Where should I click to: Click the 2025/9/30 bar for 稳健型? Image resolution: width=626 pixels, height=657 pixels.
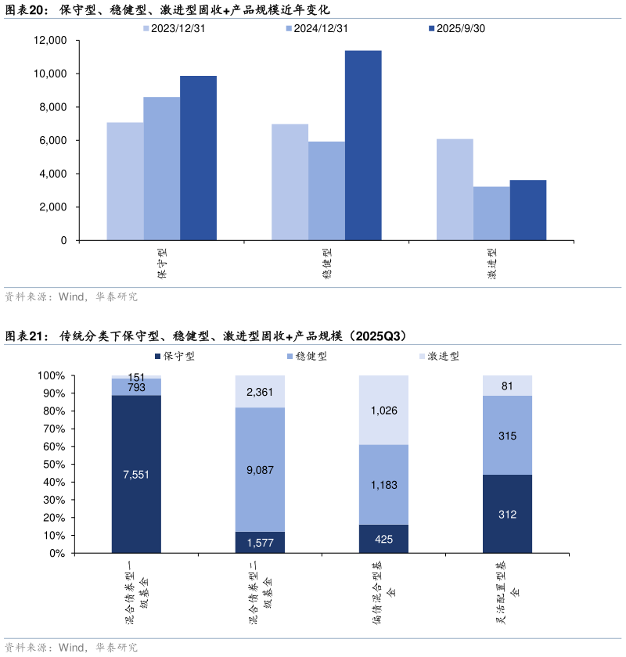pyautogui.click(x=363, y=145)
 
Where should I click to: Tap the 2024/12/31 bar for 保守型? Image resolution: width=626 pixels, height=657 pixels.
pyautogui.click(x=162, y=168)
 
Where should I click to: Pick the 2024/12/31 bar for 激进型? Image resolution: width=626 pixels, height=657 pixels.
pyautogui.click(x=491, y=213)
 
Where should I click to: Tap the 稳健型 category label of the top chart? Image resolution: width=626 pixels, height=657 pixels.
pyautogui.click(x=326, y=264)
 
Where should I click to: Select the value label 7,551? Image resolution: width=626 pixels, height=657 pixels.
pyautogui.click(x=136, y=474)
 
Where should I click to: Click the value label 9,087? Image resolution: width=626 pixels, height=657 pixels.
pyautogui.click(x=260, y=470)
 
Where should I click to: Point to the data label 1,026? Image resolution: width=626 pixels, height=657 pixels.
pyautogui.click(x=383, y=410)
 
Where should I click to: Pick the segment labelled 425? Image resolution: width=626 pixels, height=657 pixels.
pyautogui.click(x=383, y=539)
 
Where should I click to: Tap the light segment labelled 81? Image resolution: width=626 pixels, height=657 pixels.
pyautogui.click(x=507, y=386)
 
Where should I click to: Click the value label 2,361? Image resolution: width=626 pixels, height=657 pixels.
pyautogui.click(x=260, y=392)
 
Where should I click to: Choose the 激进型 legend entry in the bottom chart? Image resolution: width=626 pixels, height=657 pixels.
pyautogui.click(x=438, y=356)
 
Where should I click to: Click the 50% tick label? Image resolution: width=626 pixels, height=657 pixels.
pyautogui.click(x=52, y=465)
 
